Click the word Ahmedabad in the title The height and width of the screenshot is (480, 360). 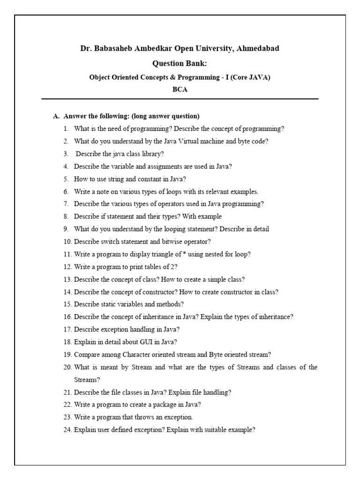(x=260, y=48)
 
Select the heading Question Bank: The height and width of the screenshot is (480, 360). (x=180, y=63)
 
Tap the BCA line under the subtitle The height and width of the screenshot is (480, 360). (x=180, y=90)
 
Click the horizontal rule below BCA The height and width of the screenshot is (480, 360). (x=180, y=99)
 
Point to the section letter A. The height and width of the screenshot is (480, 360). (x=55, y=116)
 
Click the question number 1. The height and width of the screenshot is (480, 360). (x=66, y=128)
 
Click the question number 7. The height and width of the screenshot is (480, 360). (x=66, y=204)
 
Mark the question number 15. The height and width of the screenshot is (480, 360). (x=67, y=304)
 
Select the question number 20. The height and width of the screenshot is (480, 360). (x=67, y=367)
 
